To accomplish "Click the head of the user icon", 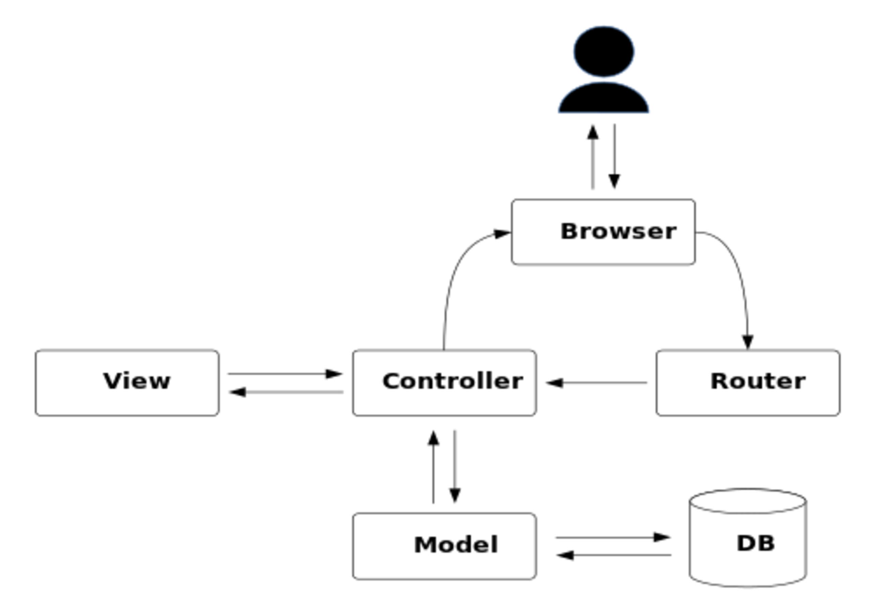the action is [604, 52].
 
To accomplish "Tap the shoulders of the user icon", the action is [604, 98].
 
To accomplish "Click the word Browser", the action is [618, 231].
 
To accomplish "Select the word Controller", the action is [453, 381].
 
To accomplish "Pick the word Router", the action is [758, 381].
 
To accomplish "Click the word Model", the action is [456, 545].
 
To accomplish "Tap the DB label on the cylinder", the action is [756, 543].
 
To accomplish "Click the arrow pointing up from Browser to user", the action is [593, 157].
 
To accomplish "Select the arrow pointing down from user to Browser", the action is [614, 156].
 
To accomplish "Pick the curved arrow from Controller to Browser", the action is [454, 273].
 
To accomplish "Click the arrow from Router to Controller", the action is [596, 383].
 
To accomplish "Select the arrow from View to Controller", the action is [285, 374].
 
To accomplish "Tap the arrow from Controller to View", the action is [286, 392].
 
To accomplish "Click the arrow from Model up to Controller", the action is [433, 467].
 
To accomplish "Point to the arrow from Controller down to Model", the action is [455, 466].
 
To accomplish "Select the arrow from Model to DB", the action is [613, 537].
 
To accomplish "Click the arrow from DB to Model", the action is [614, 555].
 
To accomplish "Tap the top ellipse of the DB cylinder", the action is [748, 489].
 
